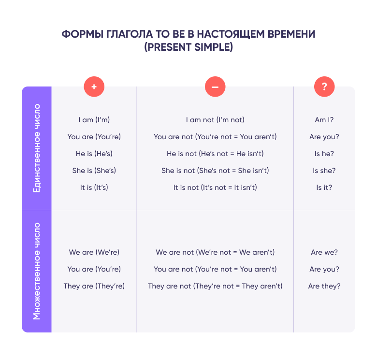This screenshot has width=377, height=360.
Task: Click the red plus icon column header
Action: [x=94, y=87]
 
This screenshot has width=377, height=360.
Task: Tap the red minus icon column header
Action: [x=215, y=87]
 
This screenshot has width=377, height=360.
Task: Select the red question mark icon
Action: [x=324, y=87]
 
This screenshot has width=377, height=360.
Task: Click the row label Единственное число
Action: [x=37, y=148]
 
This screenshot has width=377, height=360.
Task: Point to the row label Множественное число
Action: [x=37, y=271]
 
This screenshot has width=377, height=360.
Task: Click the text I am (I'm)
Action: [x=94, y=120]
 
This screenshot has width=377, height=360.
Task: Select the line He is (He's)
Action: [x=94, y=154]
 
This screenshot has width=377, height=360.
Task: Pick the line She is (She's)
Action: [x=94, y=171]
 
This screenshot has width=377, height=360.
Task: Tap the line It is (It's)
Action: [x=94, y=187]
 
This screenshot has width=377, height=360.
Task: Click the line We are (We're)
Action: [x=94, y=252]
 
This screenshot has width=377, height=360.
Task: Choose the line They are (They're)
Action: [x=94, y=286]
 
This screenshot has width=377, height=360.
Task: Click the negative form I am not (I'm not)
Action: [x=215, y=120]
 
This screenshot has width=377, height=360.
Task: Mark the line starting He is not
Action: [x=215, y=154]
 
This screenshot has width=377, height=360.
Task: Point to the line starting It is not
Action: [x=215, y=187]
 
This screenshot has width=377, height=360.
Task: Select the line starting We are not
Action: [x=215, y=252]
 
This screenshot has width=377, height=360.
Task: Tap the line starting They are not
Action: [x=215, y=286]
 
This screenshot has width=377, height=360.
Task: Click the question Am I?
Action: [x=324, y=120]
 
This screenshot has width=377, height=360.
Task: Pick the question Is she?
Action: [x=324, y=171]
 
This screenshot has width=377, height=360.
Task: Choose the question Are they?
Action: [x=324, y=286]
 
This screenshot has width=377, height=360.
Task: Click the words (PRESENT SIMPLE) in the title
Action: [x=188, y=47]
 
